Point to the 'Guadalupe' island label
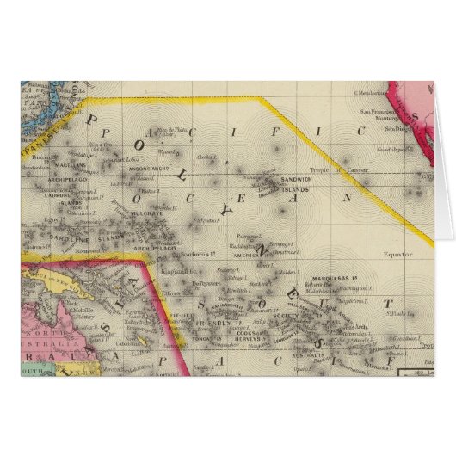[x=403, y=148]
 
